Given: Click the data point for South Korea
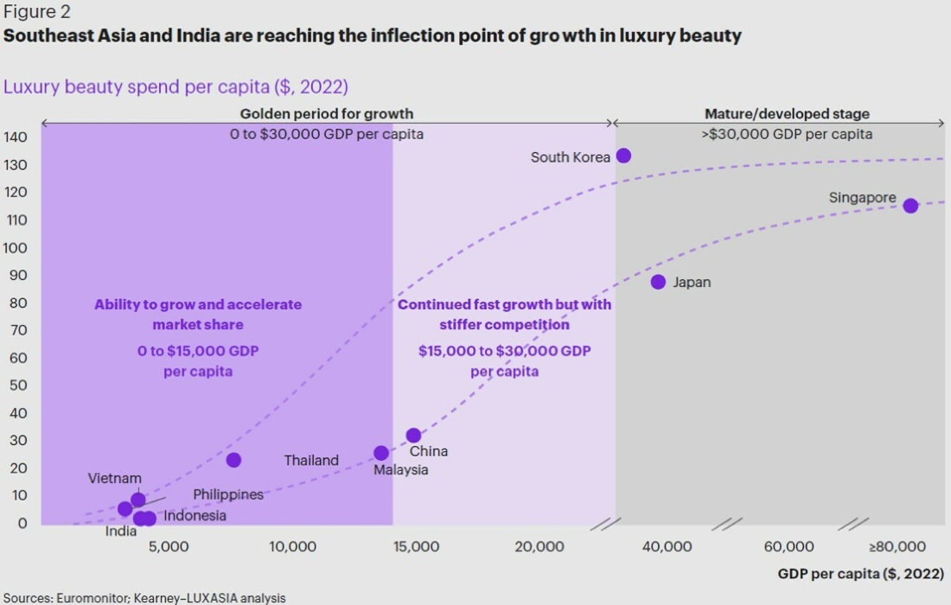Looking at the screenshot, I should (623, 156).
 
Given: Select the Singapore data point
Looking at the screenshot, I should (910, 205).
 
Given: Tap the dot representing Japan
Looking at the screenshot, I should (658, 282).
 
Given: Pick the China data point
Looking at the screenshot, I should (413, 436).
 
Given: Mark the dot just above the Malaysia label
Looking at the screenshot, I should (381, 453).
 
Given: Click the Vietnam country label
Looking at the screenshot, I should (114, 478).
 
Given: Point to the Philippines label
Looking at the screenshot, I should (227, 495).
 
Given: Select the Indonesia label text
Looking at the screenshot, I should (195, 516).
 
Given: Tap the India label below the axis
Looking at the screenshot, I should (121, 532).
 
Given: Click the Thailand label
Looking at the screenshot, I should (311, 461).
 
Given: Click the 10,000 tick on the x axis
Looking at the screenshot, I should (292, 546).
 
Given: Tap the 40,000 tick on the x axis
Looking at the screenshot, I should (667, 546).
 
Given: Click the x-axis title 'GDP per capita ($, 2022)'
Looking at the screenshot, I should (860, 574).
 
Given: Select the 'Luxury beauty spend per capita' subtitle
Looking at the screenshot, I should (176, 86).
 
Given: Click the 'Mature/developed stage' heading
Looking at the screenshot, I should (787, 114).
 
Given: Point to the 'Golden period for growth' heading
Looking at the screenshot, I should (327, 114).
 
